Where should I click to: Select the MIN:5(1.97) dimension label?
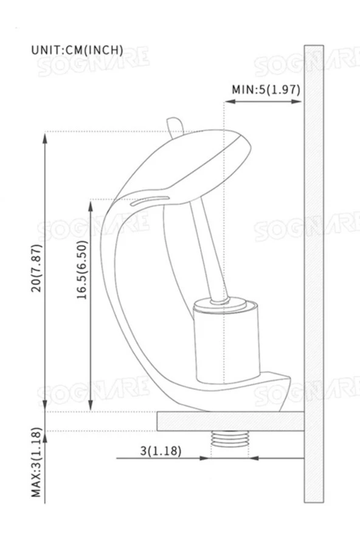coord(266,89)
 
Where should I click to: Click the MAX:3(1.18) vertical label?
coord(37,463)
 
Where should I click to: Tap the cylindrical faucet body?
coord(226,344)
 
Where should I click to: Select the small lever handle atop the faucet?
coord(175,126)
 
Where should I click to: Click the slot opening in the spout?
coord(150,199)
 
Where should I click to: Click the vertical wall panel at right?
coord(314,274)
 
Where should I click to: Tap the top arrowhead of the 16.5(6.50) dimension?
coord(91,204)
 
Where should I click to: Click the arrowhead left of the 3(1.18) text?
coord(204,458)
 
